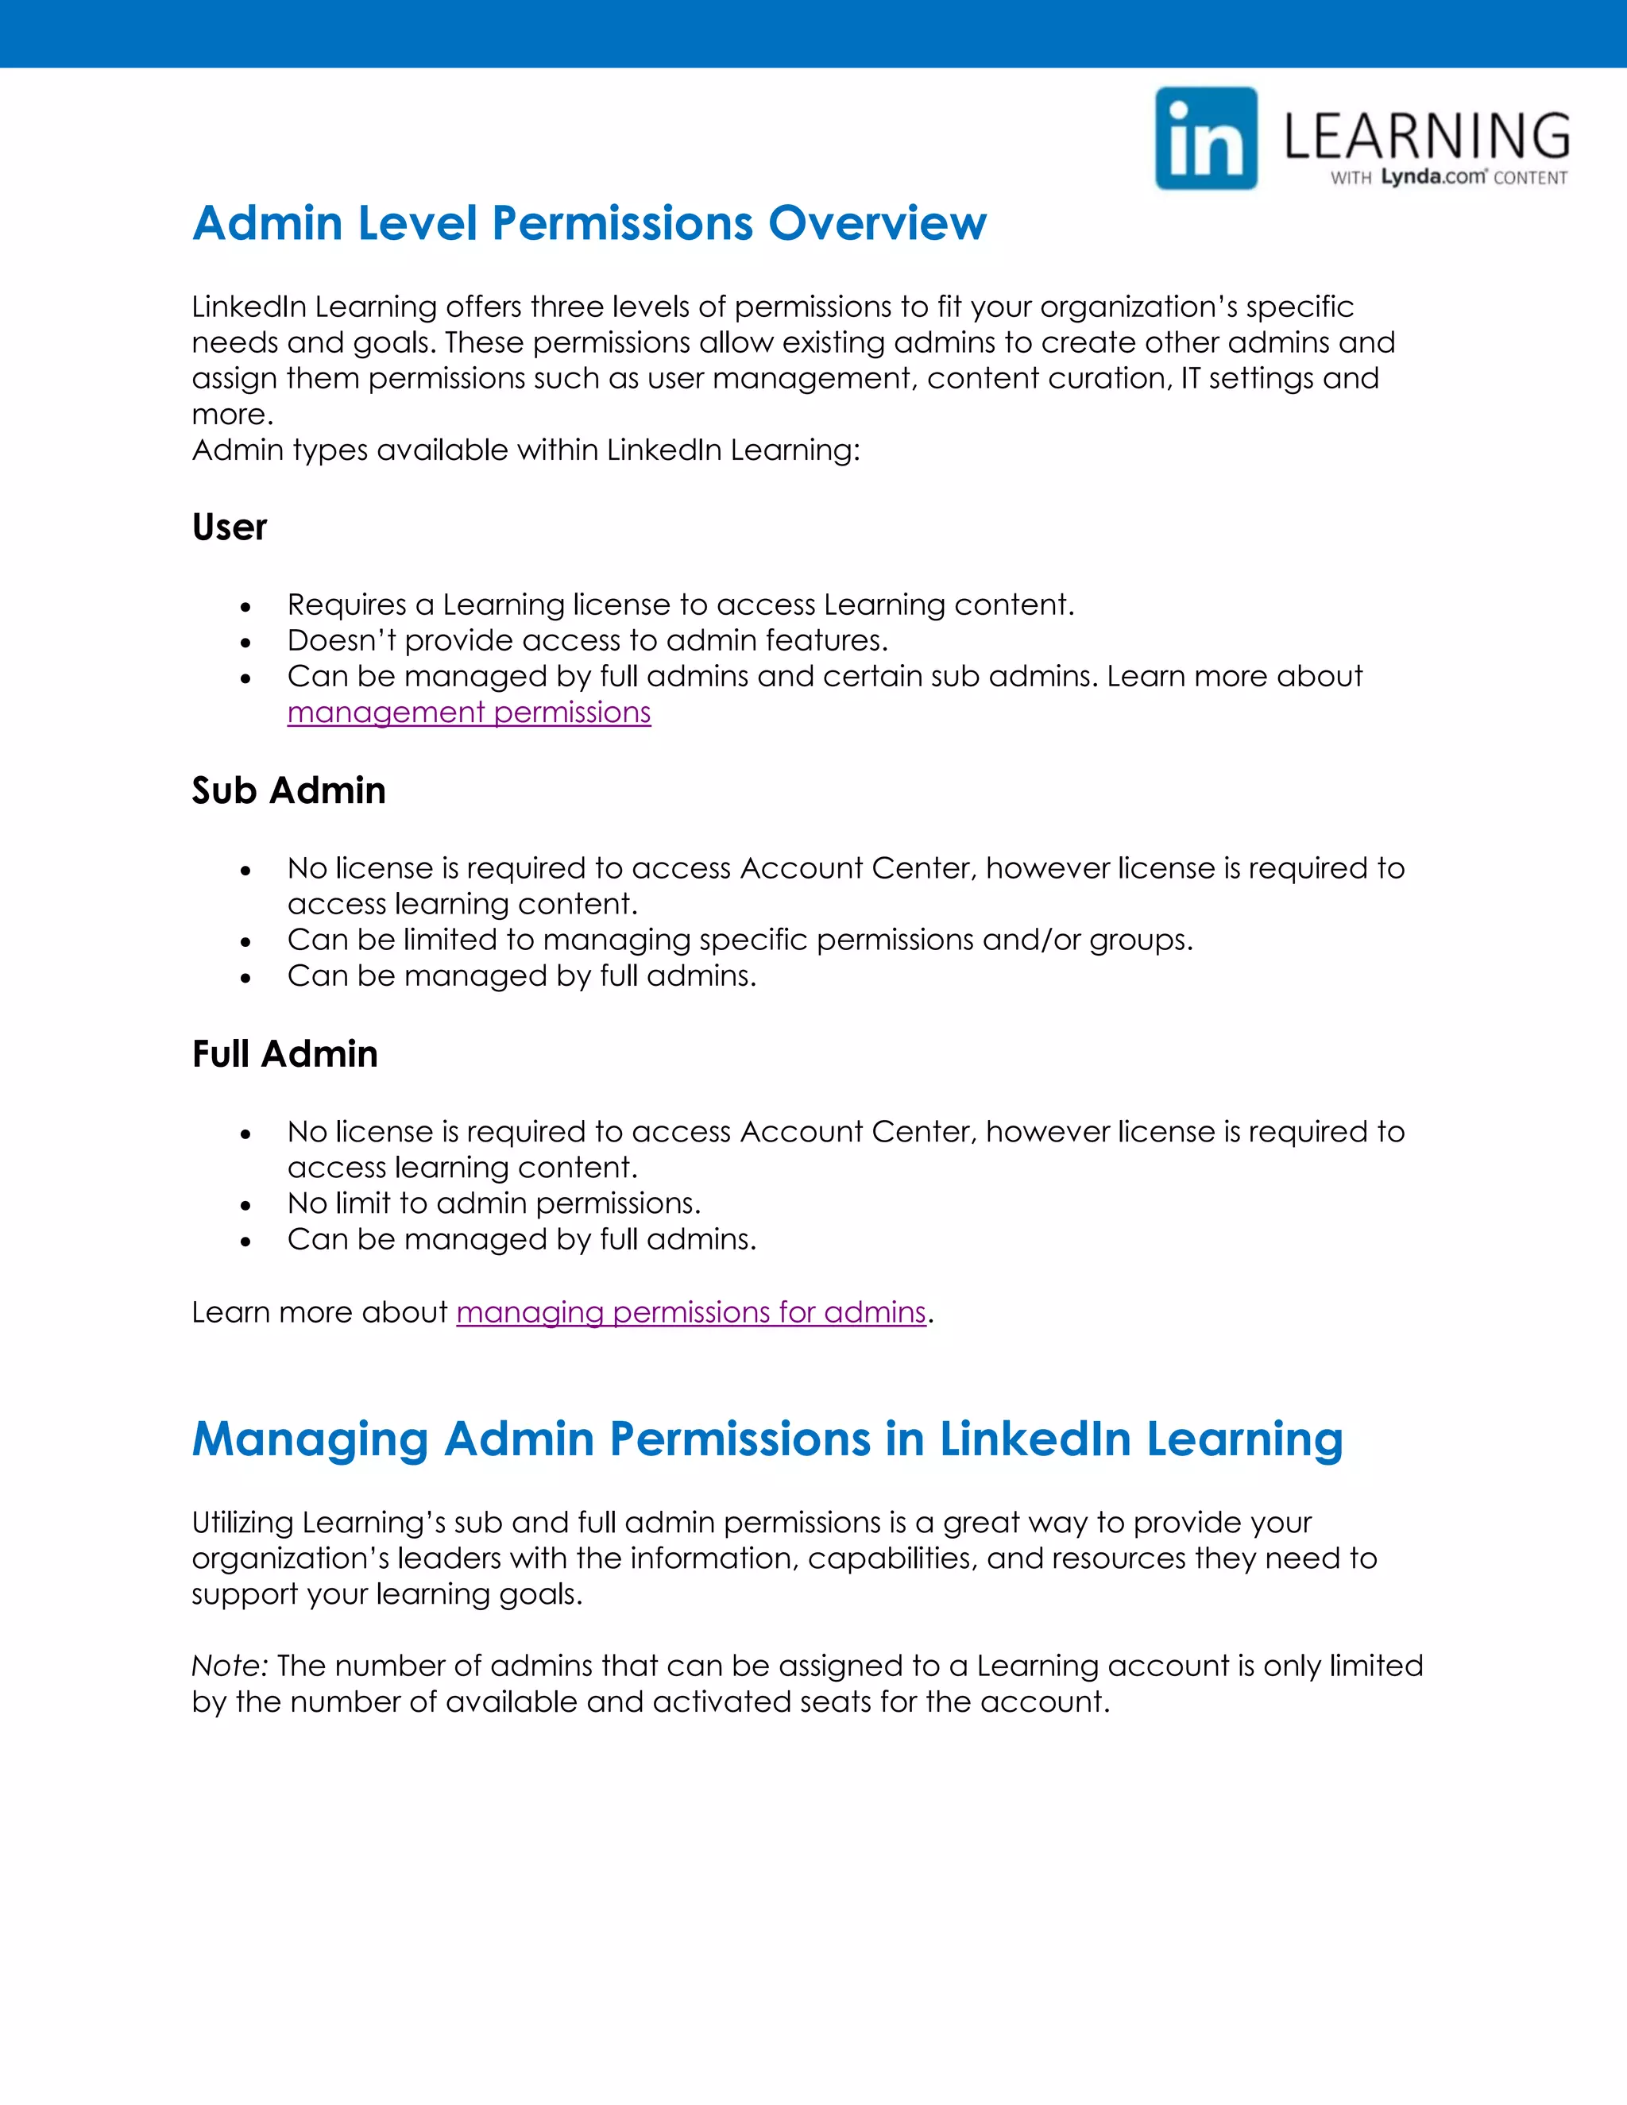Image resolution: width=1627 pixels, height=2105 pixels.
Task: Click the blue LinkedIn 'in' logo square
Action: pos(1206,139)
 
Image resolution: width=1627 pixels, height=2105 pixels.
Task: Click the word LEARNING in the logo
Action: pos(1427,136)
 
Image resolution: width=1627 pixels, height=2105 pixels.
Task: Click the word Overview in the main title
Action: pos(877,224)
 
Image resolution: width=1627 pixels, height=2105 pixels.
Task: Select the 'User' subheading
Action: pos(230,527)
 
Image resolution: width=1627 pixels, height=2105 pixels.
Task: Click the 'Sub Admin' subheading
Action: pos(288,790)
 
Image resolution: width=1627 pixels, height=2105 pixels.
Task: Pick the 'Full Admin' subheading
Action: pos(284,1053)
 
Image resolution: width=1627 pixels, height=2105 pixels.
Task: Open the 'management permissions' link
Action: pos(469,713)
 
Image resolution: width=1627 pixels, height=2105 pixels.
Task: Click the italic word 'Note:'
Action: pos(230,1666)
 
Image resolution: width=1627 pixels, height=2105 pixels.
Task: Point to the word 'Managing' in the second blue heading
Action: pos(309,1439)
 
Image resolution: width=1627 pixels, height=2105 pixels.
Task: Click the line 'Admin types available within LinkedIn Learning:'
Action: pos(525,450)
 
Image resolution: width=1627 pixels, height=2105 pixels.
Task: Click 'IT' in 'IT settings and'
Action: pos(1190,378)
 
